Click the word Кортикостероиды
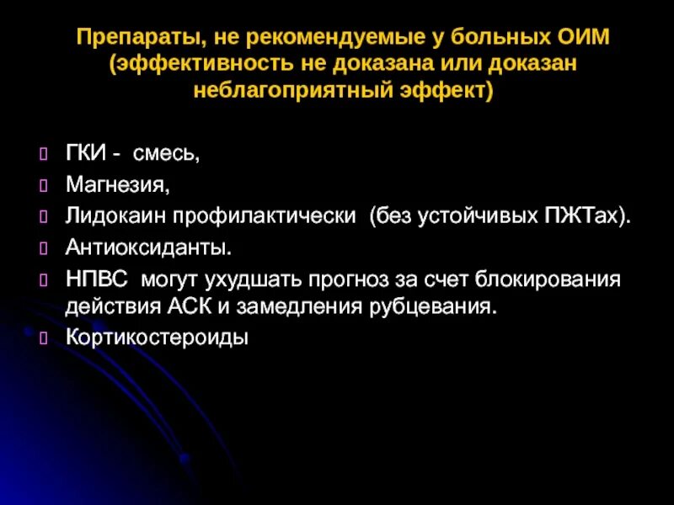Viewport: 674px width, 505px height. (x=157, y=338)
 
